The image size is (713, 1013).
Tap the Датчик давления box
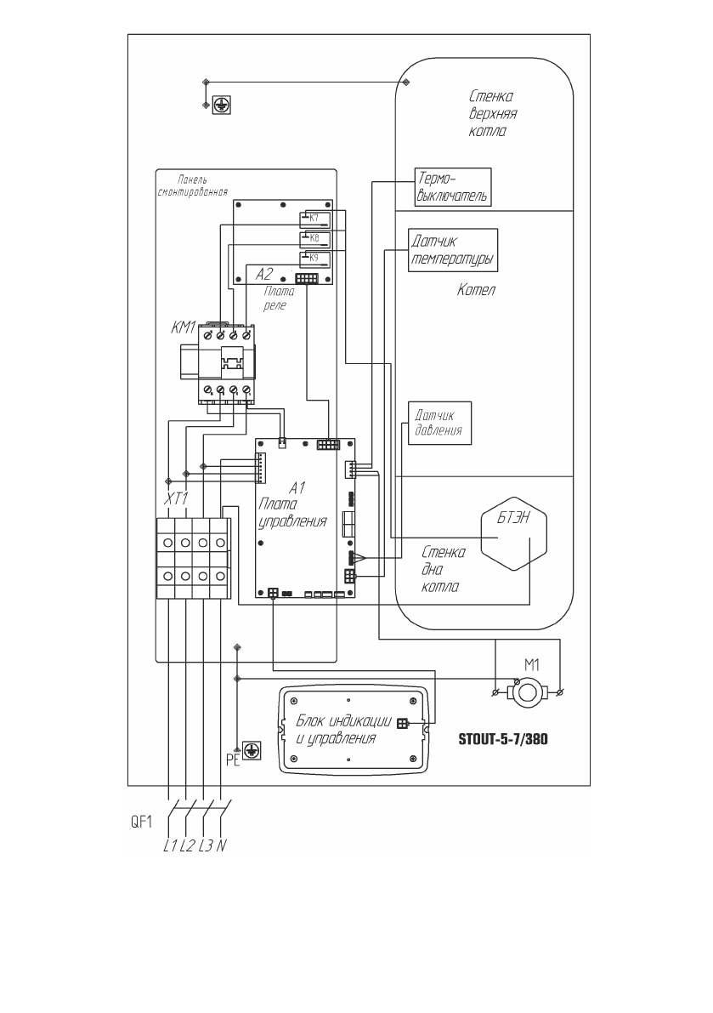(439, 422)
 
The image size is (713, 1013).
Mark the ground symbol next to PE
(251, 749)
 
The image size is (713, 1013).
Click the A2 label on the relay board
(265, 276)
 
